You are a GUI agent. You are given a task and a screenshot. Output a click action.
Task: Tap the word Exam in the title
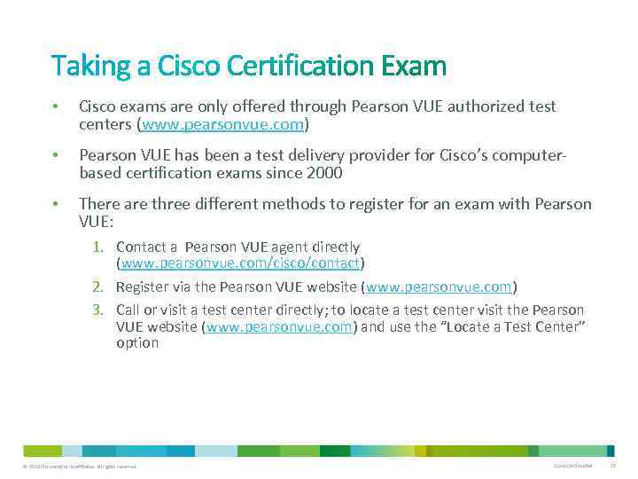tap(414, 67)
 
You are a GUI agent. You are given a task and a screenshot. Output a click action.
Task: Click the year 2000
tap(324, 172)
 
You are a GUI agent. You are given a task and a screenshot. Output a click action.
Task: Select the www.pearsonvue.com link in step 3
tap(281, 326)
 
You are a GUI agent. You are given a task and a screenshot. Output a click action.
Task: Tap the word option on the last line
tap(137, 342)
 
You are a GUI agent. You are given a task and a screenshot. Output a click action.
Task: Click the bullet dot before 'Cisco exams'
tap(55, 107)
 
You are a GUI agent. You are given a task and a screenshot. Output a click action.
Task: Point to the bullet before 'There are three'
tap(55, 205)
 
